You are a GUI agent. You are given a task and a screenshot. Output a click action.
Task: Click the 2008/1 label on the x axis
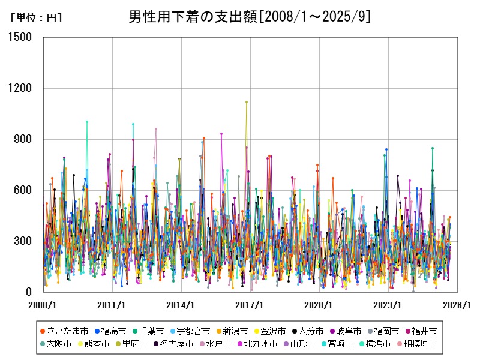coord(43,305)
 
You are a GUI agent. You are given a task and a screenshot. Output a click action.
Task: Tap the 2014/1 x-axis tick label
coord(181,305)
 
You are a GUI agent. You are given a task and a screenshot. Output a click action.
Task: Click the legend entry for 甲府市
coord(148,344)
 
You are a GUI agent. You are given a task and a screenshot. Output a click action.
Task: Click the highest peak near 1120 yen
coord(247,102)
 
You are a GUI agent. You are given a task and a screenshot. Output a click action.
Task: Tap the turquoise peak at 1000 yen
coord(87,122)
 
